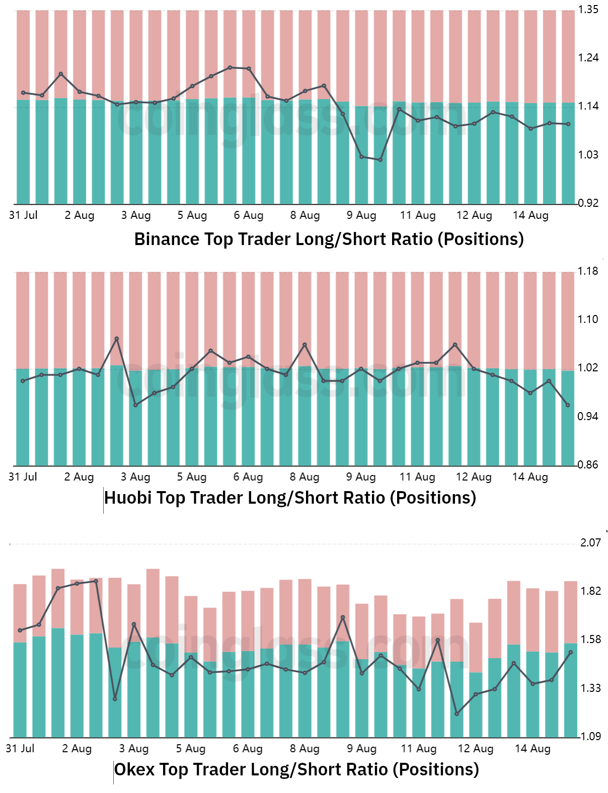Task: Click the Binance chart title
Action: [329, 239]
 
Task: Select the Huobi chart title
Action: [290, 498]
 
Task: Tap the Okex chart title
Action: [296, 769]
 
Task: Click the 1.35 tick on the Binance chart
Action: [588, 10]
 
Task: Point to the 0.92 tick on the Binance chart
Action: [588, 203]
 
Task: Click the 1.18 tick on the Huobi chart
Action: [588, 271]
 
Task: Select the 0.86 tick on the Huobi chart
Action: [588, 465]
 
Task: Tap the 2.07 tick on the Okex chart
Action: [590, 543]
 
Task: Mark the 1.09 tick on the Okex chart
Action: [590, 737]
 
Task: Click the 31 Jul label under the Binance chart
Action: [23, 215]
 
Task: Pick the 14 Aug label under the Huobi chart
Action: [530, 477]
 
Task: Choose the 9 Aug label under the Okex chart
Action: [361, 749]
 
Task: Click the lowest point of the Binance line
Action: [381, 160]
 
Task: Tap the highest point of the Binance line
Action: [230, 67]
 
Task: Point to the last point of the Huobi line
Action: [568, 405]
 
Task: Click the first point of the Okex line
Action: [20, 630]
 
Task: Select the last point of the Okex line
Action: [570, 653]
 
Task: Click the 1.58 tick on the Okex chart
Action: [590, 640]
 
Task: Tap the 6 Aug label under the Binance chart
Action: [249, 215]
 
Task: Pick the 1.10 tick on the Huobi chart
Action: [588, 320]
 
